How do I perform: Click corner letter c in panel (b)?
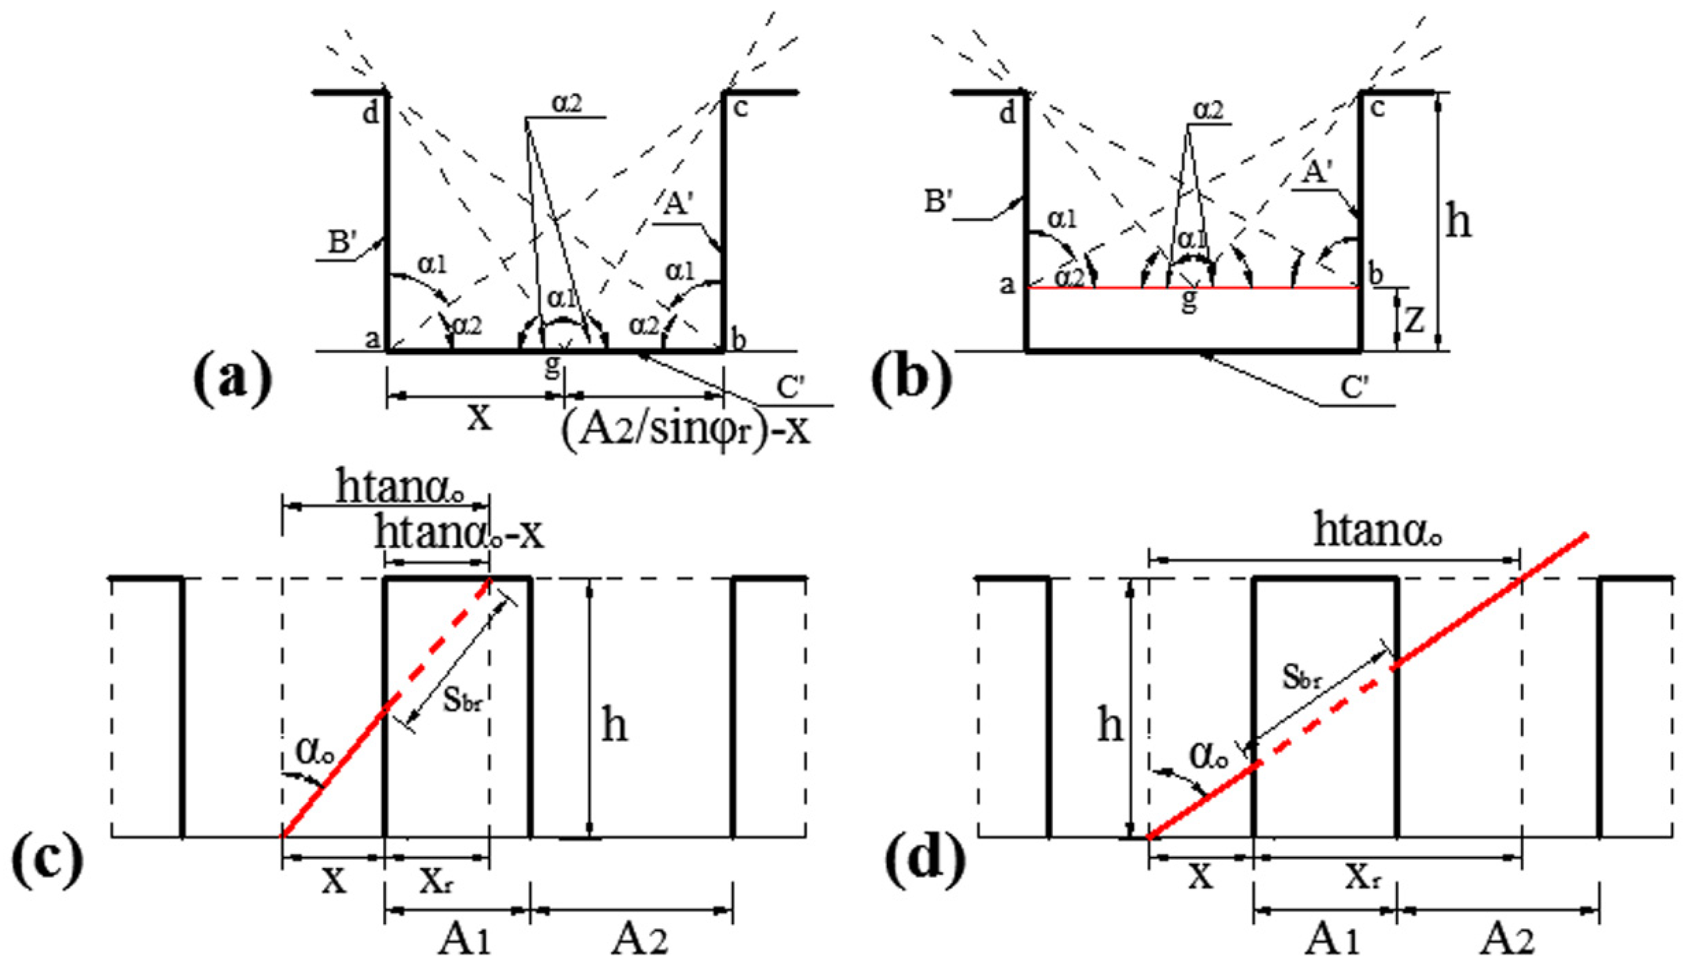(1377, 107)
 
